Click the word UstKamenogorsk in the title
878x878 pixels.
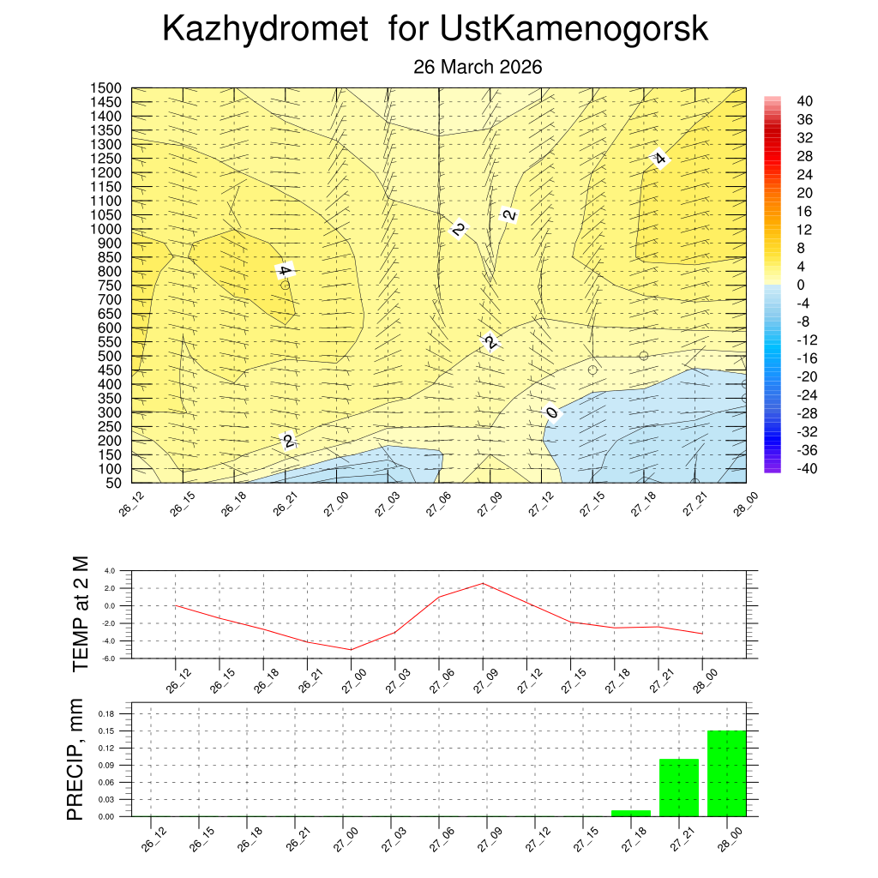574,30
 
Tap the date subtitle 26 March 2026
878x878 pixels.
478,67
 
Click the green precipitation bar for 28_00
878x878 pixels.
727,773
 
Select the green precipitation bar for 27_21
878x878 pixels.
679,787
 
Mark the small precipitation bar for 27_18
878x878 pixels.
631,813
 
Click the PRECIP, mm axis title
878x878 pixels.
76,761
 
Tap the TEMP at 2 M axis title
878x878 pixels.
81,613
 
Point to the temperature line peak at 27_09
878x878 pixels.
483,583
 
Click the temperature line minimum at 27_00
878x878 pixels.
351,649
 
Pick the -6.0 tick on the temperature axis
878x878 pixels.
109,658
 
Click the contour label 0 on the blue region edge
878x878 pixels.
552,412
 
